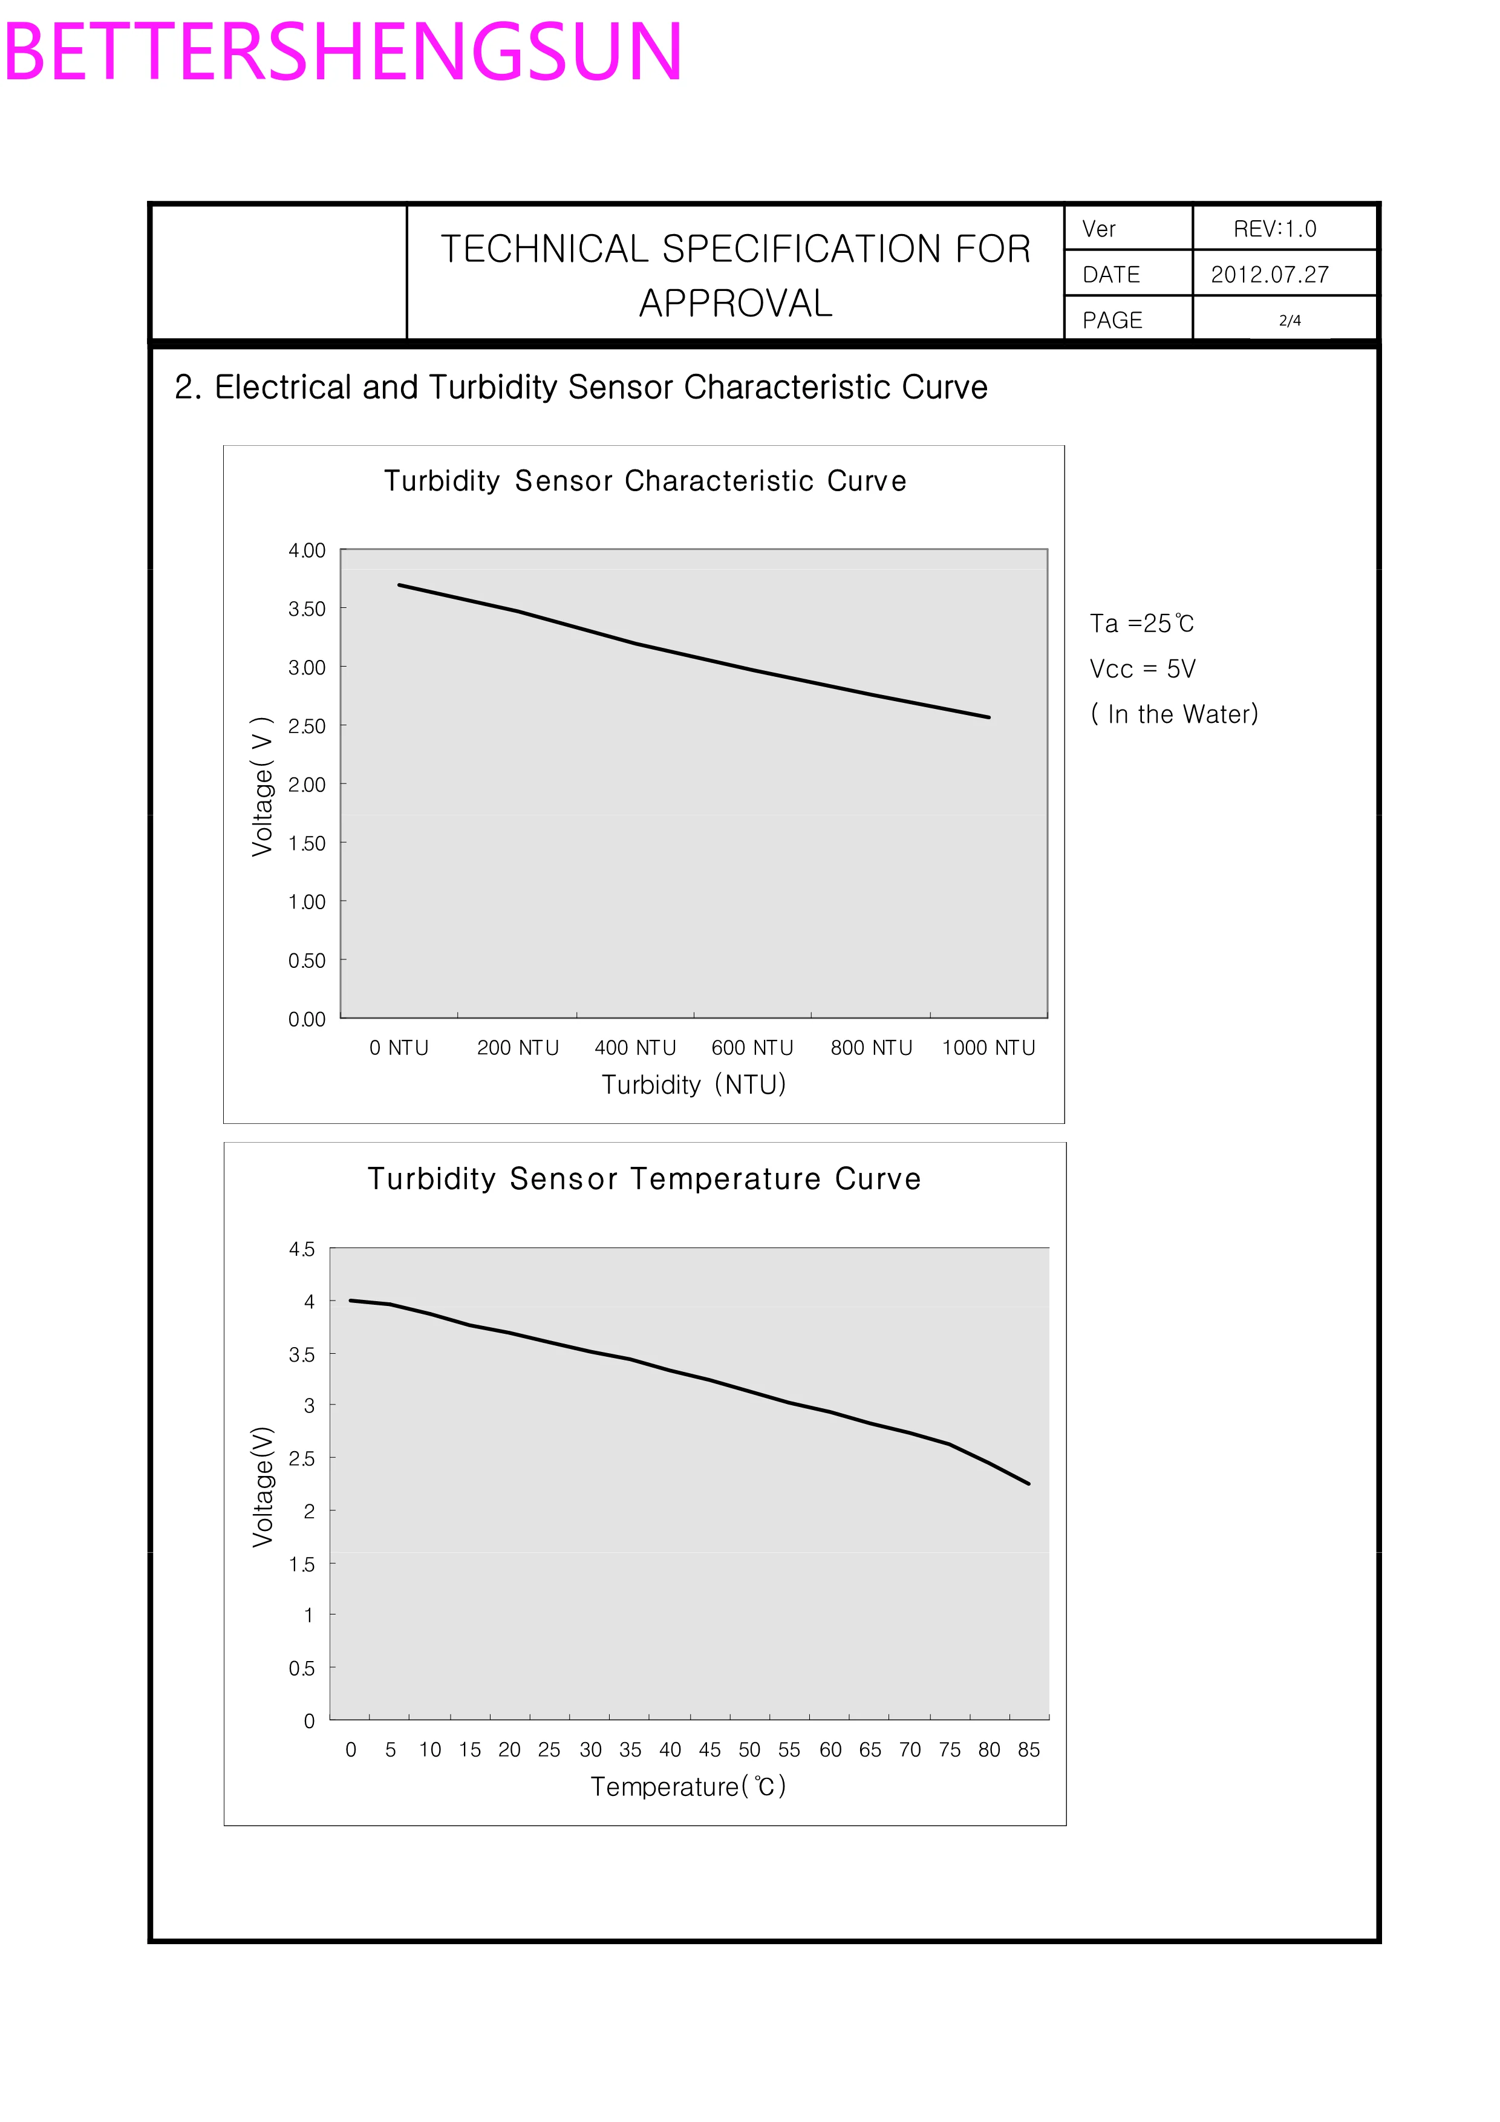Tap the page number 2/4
(x=1290, y=321)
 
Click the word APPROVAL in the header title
(x=735, y=303)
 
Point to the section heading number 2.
(x=187, y=387)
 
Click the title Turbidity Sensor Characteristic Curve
(x=645, y=480)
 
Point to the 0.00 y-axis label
(x=307, y=1019)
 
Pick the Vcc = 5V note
(x=1143, y=669)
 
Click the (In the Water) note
(x=1174, y=714)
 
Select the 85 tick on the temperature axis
(x=1029, y=1749)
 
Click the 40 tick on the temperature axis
(x=670, y=1749)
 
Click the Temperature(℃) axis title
(x=688, y=1786)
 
